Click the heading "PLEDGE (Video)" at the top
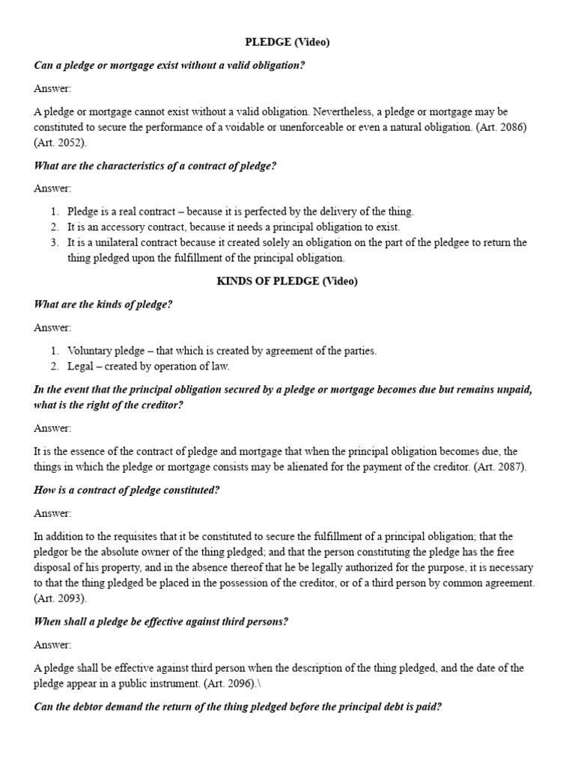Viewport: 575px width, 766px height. [287, 43]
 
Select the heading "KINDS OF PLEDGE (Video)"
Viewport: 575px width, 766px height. [287, 281]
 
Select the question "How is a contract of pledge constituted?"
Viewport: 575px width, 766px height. [127, 490]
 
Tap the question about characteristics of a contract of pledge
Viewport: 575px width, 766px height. [155, 165]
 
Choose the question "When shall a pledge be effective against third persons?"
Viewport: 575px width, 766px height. [161, 622]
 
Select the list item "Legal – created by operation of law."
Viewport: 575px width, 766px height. [148, 367]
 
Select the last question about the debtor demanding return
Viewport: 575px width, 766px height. [237, 706]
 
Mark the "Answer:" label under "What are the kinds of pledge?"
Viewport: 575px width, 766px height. [52, 328]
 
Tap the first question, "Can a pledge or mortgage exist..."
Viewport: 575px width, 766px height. [169, 65]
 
